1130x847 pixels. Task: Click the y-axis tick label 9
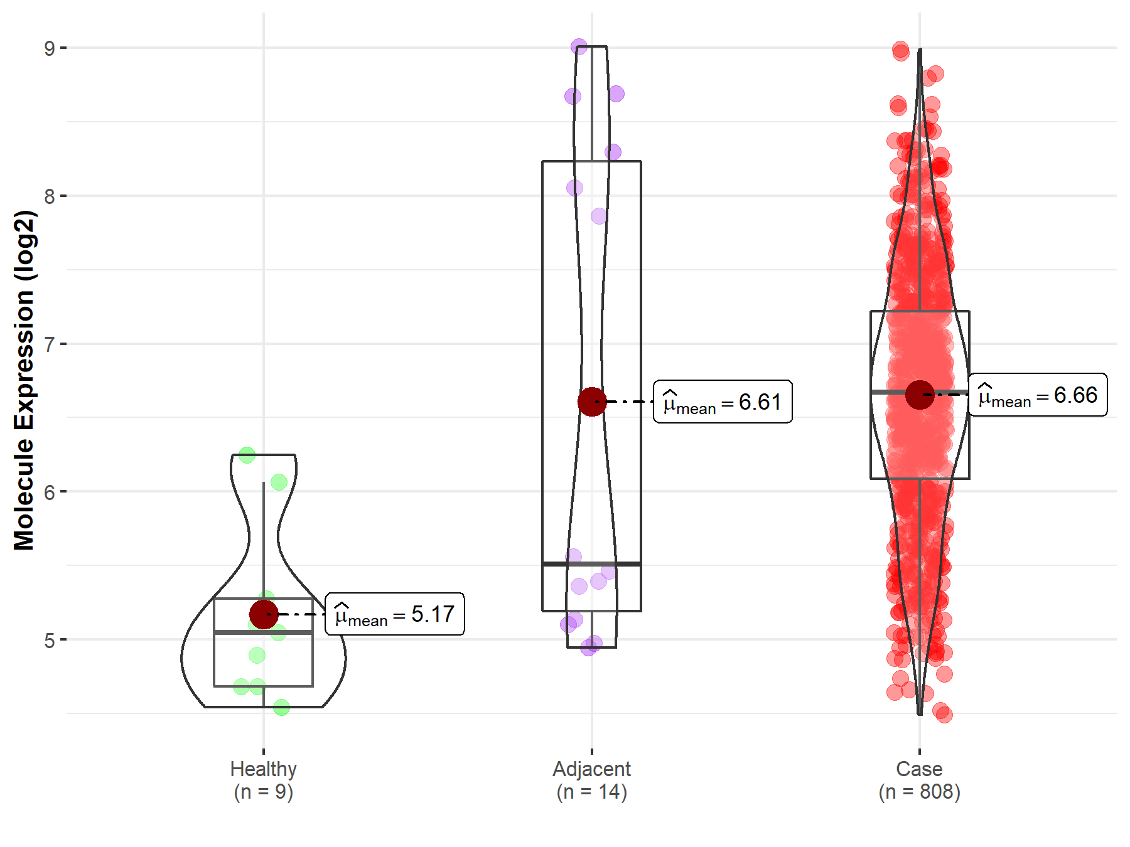(x=50, y=48)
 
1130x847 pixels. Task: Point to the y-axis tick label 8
(x=50, y=196)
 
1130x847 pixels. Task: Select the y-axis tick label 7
(x=50, y=344)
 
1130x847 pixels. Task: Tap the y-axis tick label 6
(x=50, y=493)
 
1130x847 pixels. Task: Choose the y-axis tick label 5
(x=50, y=641)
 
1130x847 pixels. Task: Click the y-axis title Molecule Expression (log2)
(x=24, y=380)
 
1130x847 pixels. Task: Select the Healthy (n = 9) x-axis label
(x=264, y=780)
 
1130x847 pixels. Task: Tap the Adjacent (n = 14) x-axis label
(x=592, y=780)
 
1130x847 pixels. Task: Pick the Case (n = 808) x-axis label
(x=920, y=780)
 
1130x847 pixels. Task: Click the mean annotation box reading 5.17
(x=395, y=614)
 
